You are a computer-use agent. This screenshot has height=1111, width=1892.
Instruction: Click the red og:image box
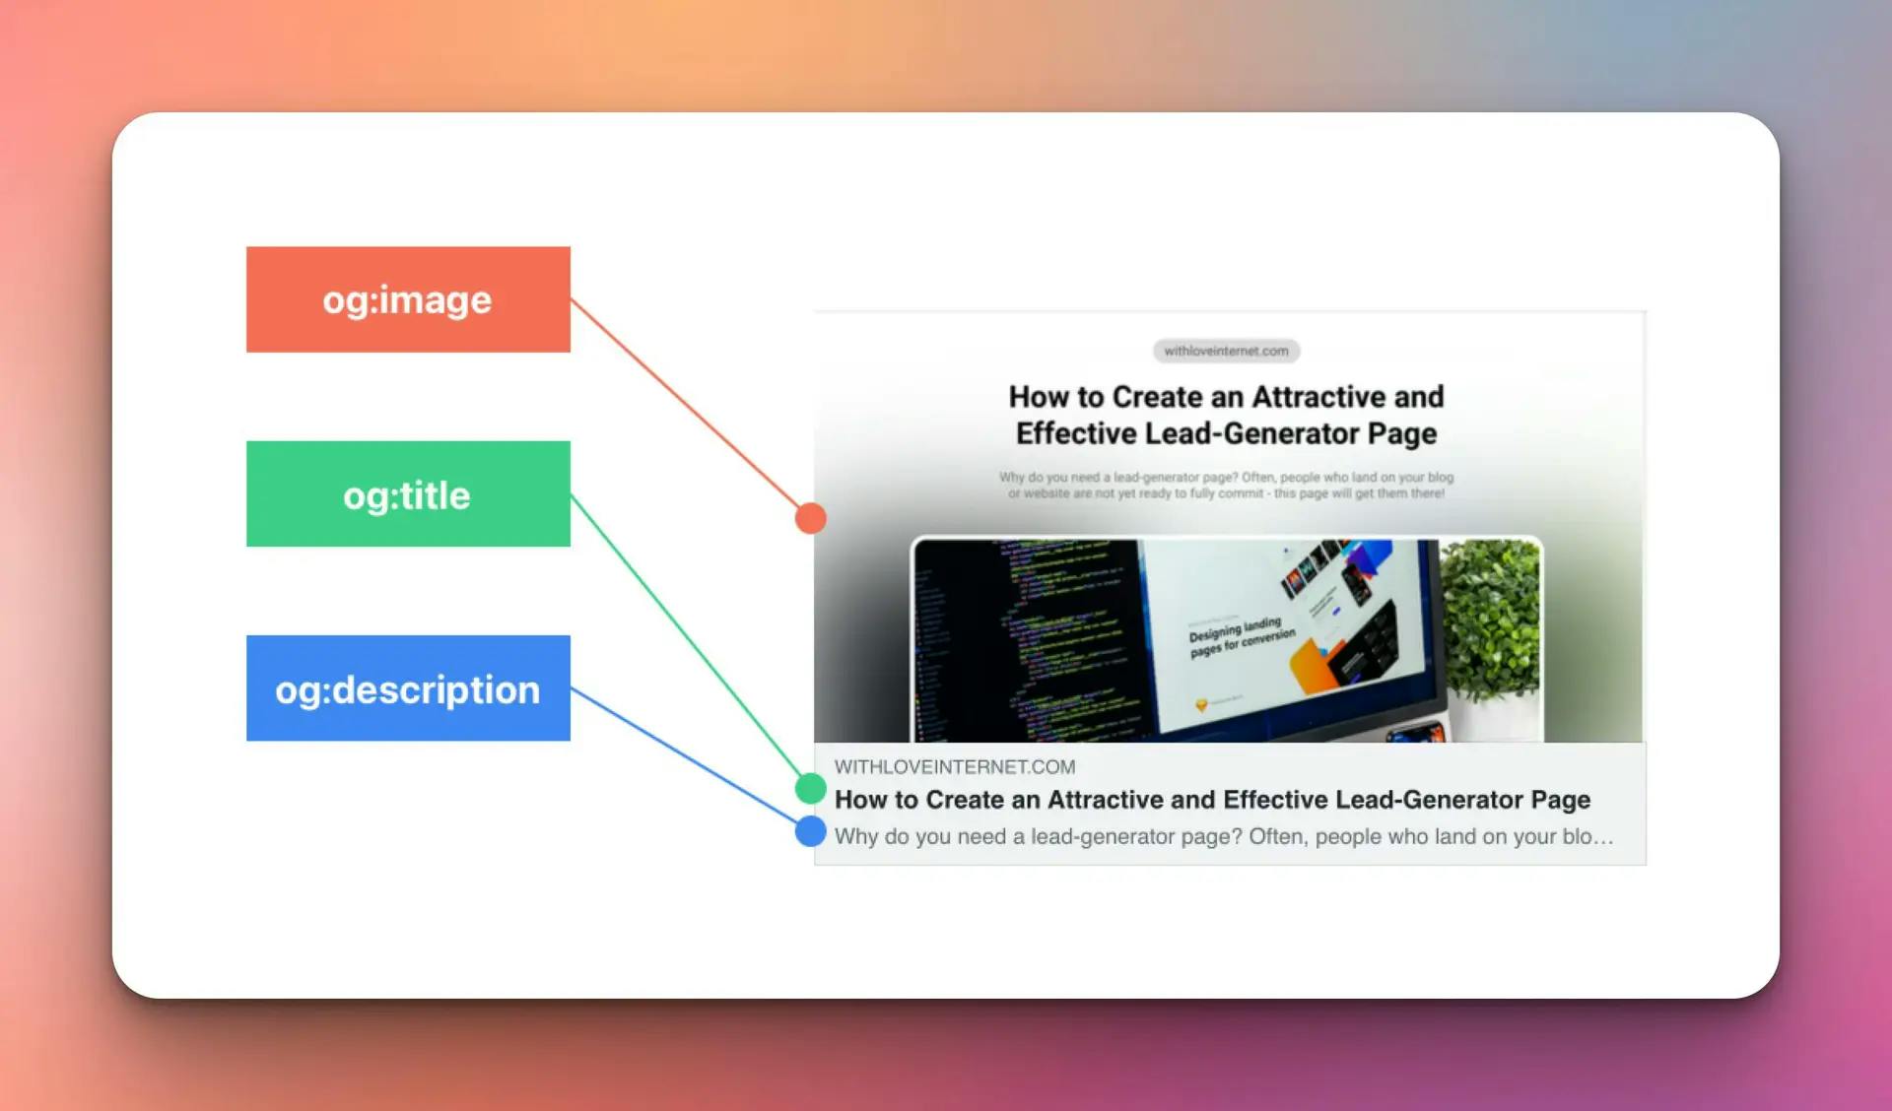408,299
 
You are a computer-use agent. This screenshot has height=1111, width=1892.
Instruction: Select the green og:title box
408,493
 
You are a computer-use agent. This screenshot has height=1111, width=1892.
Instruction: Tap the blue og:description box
408,688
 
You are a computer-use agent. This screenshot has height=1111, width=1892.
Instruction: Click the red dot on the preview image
810,518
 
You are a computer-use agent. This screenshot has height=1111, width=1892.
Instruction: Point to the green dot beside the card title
810,788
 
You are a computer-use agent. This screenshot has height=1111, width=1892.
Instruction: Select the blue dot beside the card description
810,831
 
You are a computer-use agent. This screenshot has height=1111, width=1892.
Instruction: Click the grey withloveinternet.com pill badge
1226,351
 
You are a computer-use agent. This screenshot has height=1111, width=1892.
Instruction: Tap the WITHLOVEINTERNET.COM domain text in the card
954,766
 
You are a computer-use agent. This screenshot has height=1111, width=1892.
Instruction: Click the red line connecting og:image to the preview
690,409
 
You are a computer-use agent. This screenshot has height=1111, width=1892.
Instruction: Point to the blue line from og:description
690,759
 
